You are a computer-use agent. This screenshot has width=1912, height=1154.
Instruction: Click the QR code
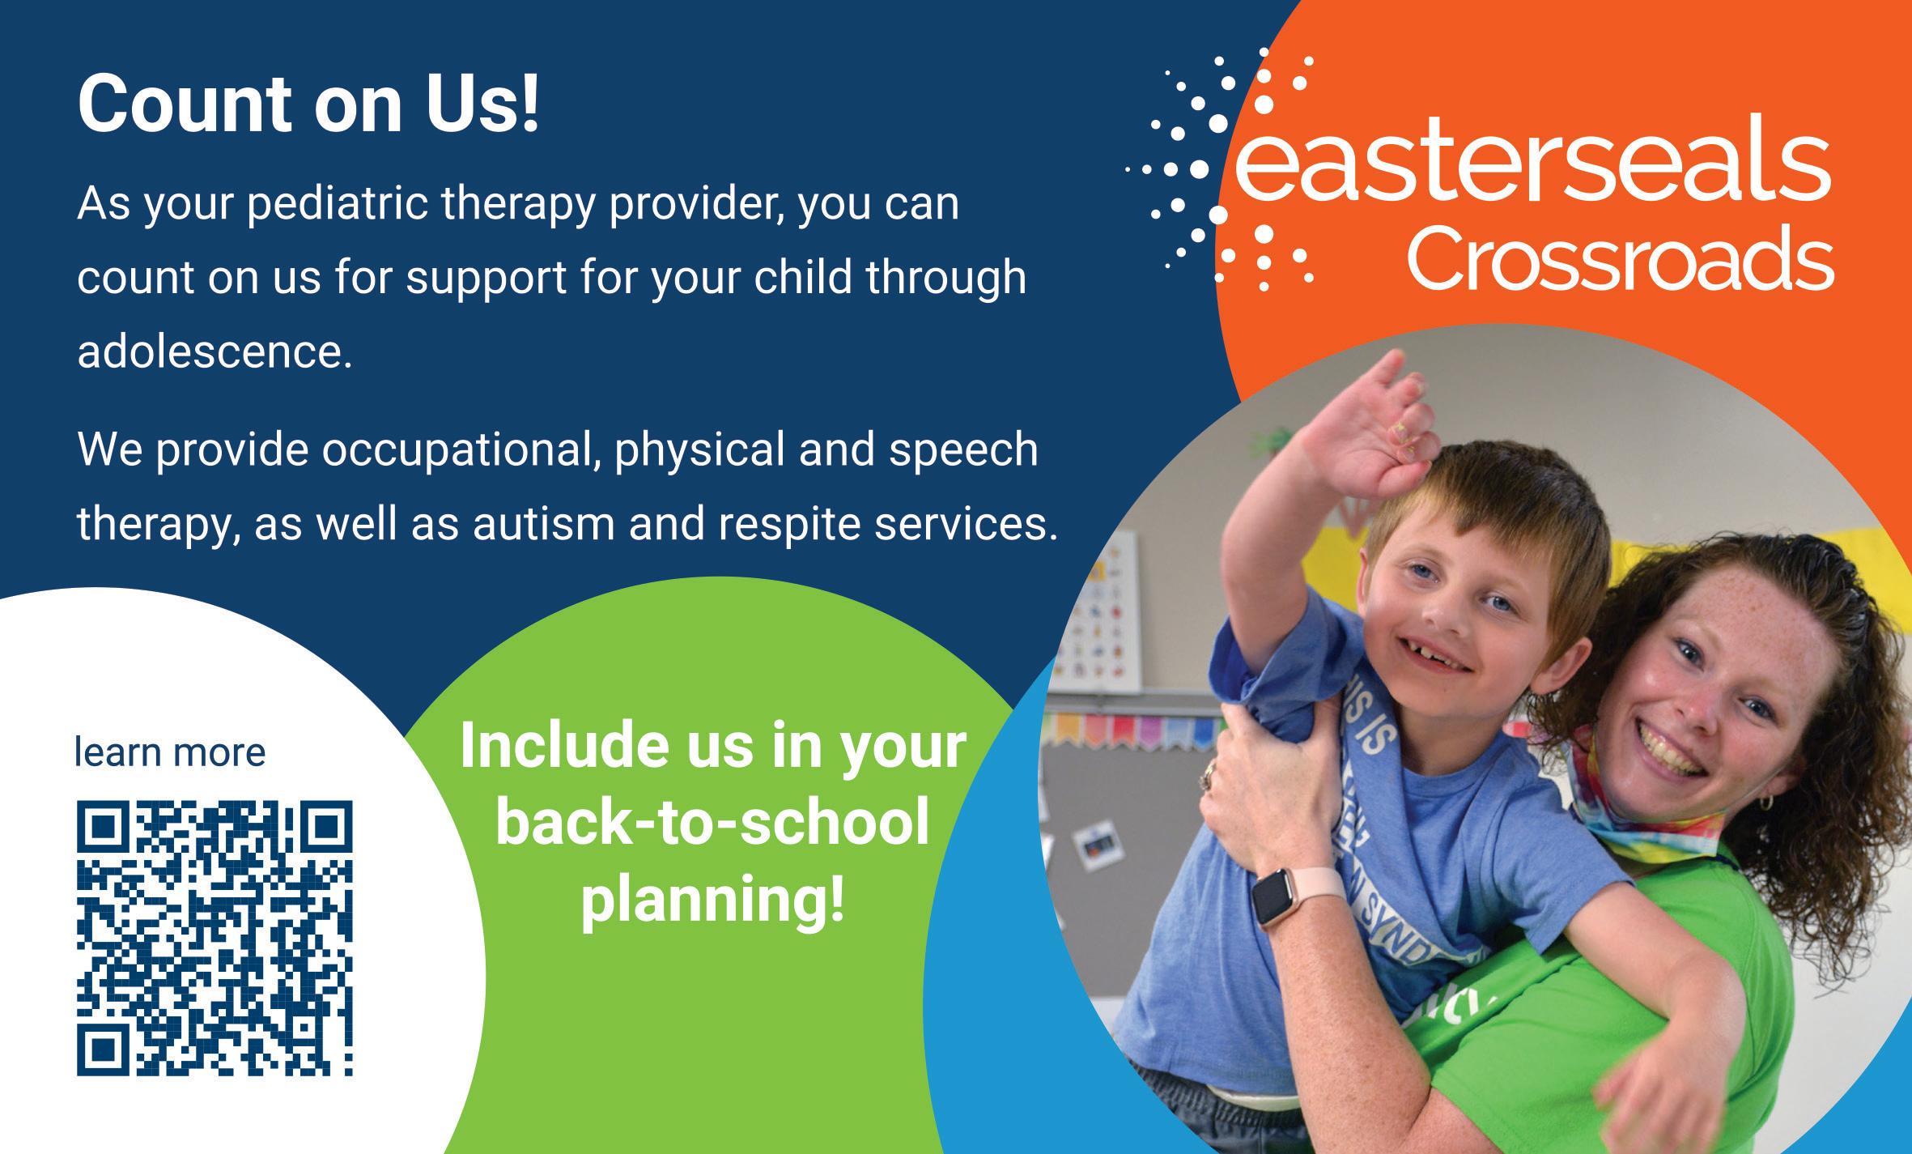click(215, 939)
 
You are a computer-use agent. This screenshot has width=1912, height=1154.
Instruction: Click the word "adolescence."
click(215, 352)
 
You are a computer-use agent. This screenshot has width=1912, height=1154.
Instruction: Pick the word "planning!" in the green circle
click(712, 899)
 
